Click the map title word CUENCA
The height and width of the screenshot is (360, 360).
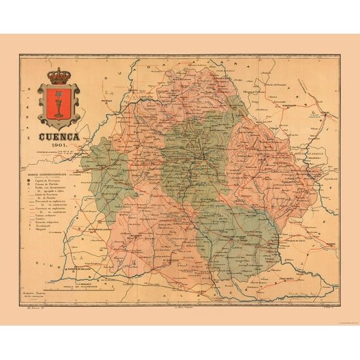pyautogui.click(x=60, y=136)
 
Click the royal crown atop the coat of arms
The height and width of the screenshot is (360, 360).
pyautogui.click(x=59, y=76)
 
